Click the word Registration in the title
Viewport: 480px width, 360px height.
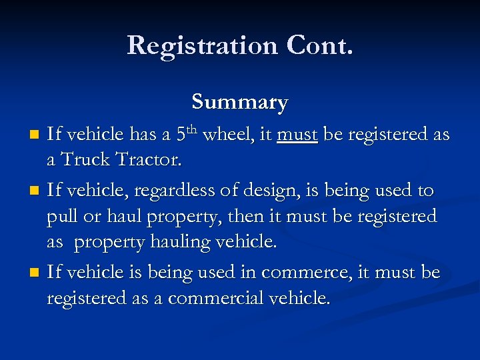202,45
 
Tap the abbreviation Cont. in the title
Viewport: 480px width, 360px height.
320,45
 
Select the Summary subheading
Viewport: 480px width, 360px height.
240,102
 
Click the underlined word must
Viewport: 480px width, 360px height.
297,135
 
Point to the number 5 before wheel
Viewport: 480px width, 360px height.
181,135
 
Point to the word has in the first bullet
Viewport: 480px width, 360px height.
143,135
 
